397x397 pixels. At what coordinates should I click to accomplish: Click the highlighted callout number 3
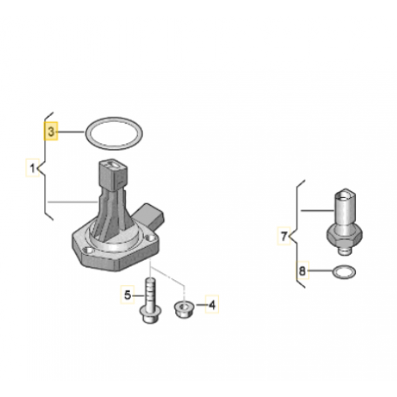click(51, 131)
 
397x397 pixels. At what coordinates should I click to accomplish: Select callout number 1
click(32, 168)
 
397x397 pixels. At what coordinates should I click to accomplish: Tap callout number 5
click(127, 295)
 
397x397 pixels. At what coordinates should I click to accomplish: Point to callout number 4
click(212, 305)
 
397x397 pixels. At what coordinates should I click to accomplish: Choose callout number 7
click(284, 236)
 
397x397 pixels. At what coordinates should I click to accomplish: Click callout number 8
click(302, 270)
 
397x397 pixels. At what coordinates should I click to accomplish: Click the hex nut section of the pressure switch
click(345, 236)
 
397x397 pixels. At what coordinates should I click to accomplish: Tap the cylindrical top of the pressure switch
click(345, 208)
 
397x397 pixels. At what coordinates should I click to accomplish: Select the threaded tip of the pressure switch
click(345, 250)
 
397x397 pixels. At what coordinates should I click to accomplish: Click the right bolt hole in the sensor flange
click(150, 237)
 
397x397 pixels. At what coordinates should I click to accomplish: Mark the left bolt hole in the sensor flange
click(88, 250)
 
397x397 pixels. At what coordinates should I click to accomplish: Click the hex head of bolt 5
click(151, 314)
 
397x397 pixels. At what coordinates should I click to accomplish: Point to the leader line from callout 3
click(72, 132)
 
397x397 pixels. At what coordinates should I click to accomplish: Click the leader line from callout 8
click(320, 271)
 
